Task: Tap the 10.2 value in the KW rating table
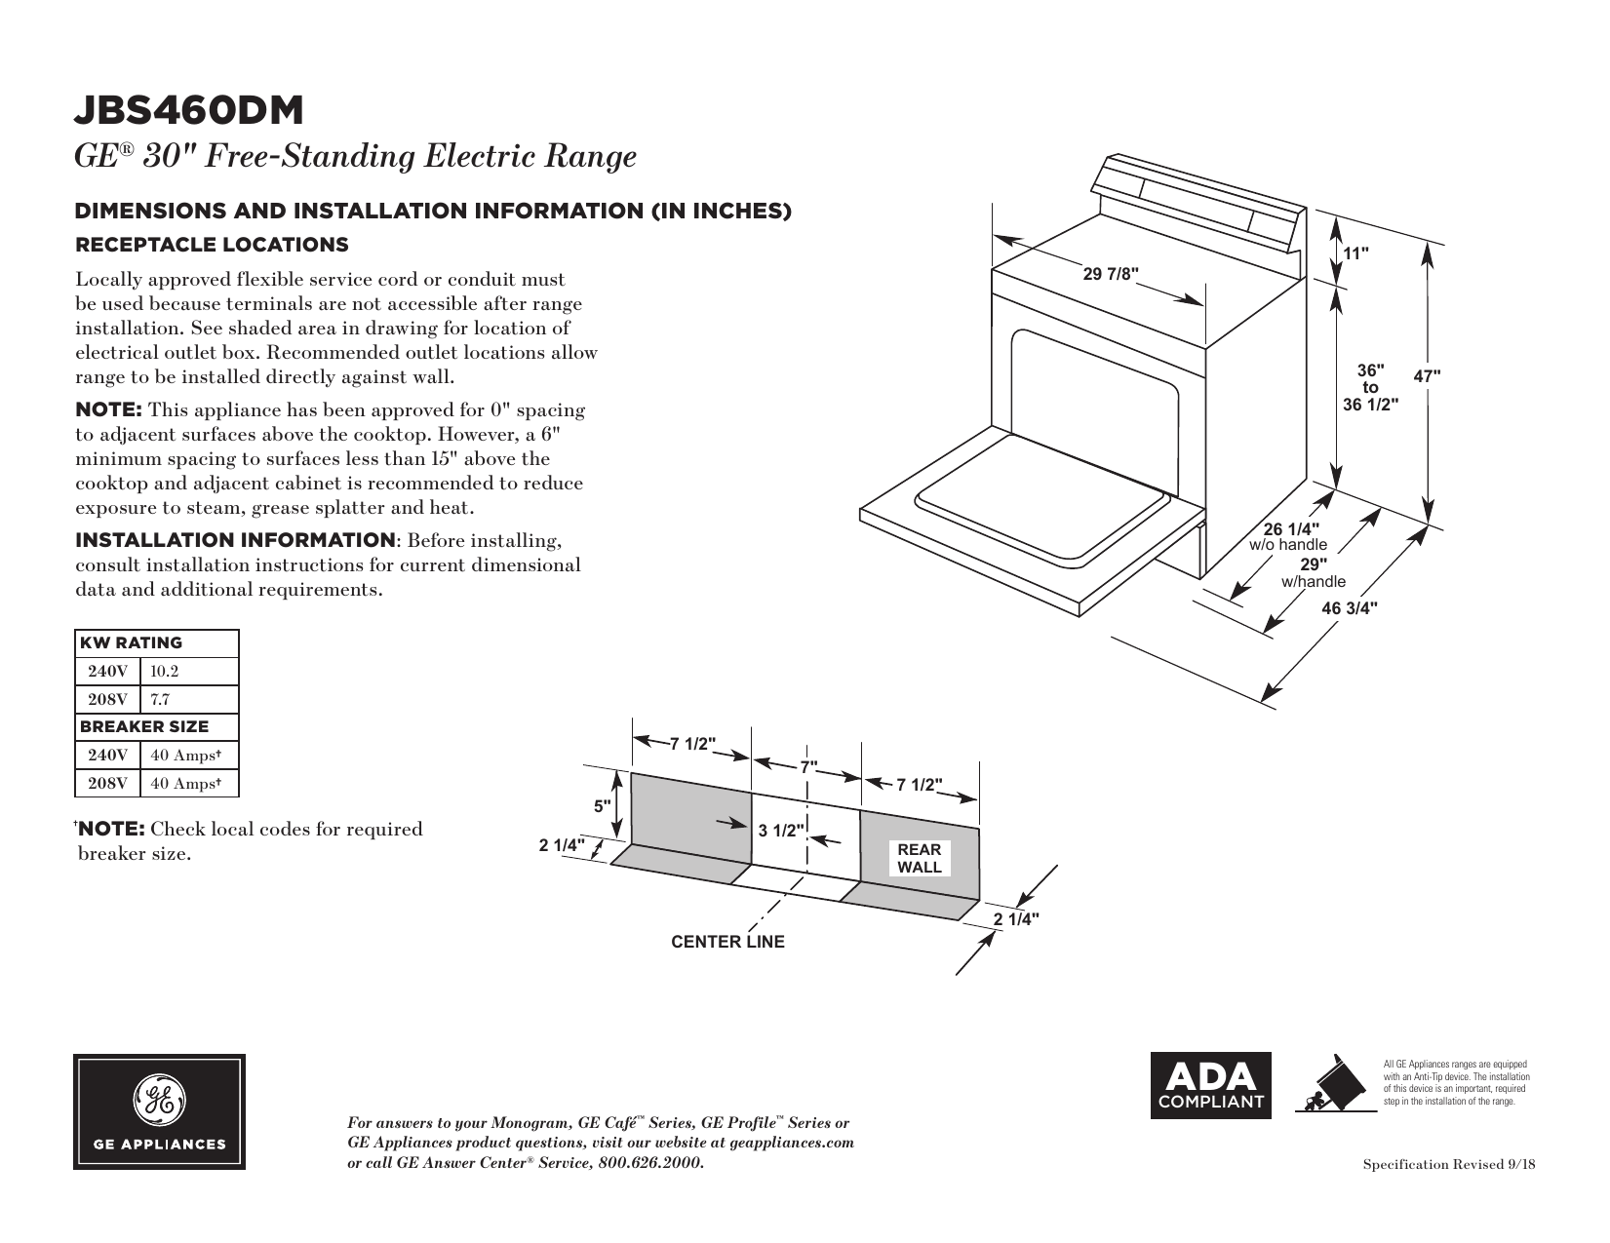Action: pyautogui.click(x=165, y=672)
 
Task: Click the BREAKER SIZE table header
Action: pyautogui.click(x=144, y=727)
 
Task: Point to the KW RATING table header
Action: pyautogui.click(x=131, y=643)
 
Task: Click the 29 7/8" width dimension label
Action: pyautogui.click(x=1111, y=274)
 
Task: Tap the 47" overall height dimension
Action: pyautogui.click(x=1427, y=375)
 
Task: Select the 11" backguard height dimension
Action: pyautogui.click(x=1356, y=253)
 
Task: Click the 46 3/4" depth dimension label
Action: pyautogui.click(x=1350, y=608)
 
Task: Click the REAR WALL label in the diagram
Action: pyautogui.click(x=920, y=859)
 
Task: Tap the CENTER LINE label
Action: pyautogui.click(x=727, y=943)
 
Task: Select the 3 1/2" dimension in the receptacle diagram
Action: pyautogui.click(x=781, y=831)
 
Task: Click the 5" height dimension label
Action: pyautogui.click(x=604, y=806)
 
